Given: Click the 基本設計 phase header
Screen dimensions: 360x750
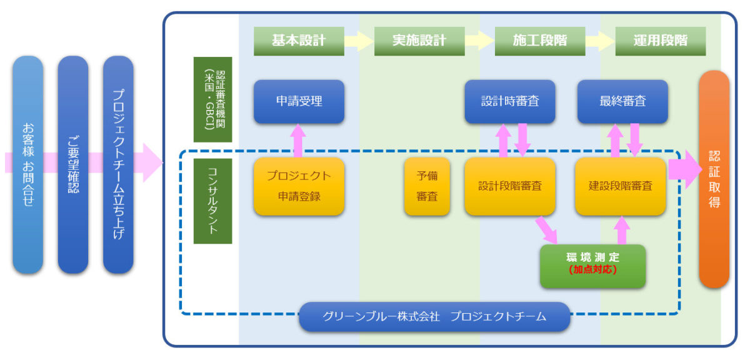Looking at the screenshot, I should coord(299,41).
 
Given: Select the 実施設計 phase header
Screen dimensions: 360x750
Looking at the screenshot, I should coord(419,41).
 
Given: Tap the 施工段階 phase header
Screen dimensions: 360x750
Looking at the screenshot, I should coord(540,41).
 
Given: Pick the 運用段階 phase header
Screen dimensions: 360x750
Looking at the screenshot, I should coord(660,41).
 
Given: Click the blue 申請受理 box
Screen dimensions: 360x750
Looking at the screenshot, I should coord(299,101).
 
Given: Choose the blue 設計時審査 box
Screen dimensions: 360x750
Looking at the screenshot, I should coord(510,101).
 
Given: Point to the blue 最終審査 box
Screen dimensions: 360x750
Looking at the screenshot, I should coord(622,101).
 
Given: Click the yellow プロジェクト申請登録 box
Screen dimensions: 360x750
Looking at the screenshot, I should coord(299,186).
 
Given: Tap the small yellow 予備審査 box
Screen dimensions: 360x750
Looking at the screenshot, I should coord(427,186).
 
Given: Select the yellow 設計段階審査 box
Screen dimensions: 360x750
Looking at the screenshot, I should coord(510,186).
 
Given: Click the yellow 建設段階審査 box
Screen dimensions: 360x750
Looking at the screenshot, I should coord(620,186).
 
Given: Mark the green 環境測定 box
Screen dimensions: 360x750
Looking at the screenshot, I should coord(592,258).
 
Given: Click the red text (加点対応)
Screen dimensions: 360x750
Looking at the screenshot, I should coord(592,270).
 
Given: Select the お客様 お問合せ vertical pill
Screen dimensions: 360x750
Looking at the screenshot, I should coord(28,165).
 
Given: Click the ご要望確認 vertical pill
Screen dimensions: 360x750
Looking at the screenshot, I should coord(73,165).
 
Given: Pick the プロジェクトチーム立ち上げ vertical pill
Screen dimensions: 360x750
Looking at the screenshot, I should coord(118,165).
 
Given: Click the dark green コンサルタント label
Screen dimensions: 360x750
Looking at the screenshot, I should coord(212,201).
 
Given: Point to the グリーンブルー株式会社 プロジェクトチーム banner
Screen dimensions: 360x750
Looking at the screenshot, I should coord(434,317).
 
